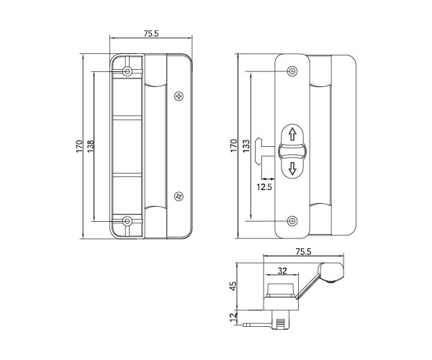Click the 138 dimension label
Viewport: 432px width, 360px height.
(x=91, y=145)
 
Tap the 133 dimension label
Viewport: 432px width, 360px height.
(x=246, y=146)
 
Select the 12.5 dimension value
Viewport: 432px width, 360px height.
(x=264, y=187)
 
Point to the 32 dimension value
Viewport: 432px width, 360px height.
(x=282, y=271)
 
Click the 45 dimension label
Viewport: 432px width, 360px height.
(x=233, y=286)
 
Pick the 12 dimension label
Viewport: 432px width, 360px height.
(x=233, y=317)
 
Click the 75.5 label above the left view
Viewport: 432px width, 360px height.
(x=151, y=33)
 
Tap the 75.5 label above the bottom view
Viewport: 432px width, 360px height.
(x=303, y=251)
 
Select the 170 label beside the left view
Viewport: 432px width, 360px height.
(x=79, y=146)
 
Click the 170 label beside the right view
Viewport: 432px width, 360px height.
(x=233, y=145)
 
